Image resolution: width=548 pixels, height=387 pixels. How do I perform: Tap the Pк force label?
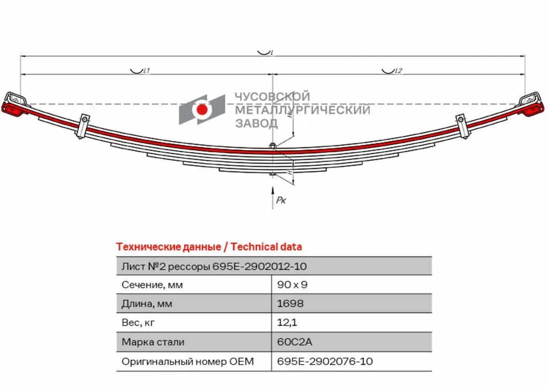point(281,200)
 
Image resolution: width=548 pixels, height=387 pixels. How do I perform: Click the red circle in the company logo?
point(202,110)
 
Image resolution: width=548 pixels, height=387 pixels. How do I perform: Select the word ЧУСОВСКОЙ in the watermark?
point(272,97)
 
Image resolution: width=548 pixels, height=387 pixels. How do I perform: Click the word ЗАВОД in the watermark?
point(257,123)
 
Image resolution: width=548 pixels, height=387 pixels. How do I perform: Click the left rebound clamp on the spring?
point(83,125)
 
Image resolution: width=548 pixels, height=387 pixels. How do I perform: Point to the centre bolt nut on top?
point(272,146)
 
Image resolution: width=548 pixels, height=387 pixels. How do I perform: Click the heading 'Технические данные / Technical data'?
point(209,247)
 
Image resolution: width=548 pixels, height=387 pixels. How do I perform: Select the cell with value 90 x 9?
point(292,285)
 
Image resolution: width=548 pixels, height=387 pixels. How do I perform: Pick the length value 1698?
point(290,304)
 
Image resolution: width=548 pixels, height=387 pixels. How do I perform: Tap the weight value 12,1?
point(287,323)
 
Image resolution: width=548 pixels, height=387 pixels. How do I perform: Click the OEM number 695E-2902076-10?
point(325,361)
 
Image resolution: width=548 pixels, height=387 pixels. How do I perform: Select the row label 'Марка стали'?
point(153,342)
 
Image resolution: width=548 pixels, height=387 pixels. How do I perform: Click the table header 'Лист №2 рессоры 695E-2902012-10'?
point(214,266)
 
